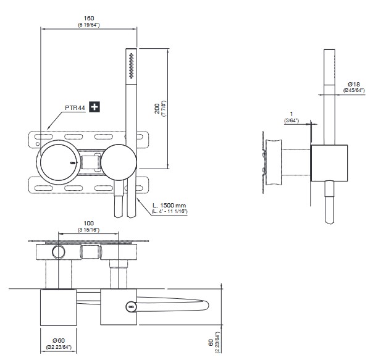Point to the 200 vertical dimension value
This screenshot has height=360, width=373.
tap(158, 107)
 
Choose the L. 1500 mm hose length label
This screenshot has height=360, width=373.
tap(170, 205)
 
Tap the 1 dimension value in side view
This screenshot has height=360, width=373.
tap(291, 114)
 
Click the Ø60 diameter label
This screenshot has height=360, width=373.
tap(59, 340)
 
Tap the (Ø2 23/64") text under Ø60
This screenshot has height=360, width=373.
tap(59, 347)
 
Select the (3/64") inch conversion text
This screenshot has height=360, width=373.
tap(291, 121)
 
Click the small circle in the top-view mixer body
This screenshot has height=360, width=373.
tap(59, 251)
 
